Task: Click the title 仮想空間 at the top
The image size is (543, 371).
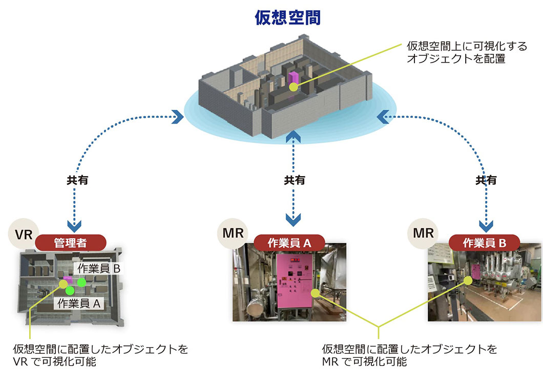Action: [288, 18]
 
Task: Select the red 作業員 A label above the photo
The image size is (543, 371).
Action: [289, 242]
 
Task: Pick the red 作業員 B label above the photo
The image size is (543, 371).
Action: [484, 242]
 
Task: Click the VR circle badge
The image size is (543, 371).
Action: [24, 235]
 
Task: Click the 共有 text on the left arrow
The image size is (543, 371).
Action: [74, 180]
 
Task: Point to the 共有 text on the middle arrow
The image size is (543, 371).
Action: [294, 180]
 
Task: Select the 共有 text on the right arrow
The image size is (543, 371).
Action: [486, 180]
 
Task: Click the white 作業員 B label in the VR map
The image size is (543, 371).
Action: [98, 268]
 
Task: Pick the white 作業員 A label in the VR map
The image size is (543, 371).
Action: [79, 303]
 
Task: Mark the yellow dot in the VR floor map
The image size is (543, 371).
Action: [63, 283]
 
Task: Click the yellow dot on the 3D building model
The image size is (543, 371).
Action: [293, 87]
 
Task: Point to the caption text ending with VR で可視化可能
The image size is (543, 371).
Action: [101, 356]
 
